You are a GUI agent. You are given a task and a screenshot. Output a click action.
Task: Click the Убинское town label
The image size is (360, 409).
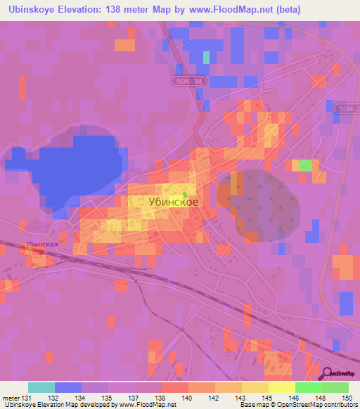pos(174,201)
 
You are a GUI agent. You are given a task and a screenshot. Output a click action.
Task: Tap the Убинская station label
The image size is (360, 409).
pos(39,245)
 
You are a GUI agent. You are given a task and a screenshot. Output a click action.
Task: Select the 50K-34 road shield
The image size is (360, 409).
pos(189,82)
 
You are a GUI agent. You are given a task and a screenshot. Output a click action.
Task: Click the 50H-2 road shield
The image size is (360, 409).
pos(348,108)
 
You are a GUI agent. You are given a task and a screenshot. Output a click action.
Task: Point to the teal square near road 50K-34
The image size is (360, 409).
pos(207,57)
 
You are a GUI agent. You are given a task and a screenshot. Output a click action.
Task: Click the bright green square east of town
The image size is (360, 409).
pos(305,165)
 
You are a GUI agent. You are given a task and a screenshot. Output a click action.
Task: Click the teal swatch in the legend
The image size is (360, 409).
pos(41,387)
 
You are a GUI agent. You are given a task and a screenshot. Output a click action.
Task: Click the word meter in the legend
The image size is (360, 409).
pos(10,397)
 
